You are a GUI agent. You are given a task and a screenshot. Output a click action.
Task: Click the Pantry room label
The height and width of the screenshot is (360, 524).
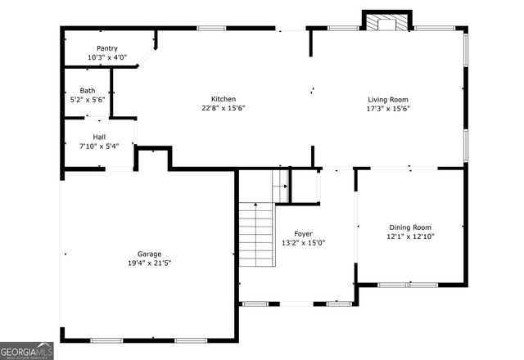(x=107, y=48)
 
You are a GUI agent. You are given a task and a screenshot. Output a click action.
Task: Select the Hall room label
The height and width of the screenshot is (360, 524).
(x=98, y=137)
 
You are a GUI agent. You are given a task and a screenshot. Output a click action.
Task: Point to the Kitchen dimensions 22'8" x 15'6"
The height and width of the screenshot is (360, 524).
(x=224, y=108)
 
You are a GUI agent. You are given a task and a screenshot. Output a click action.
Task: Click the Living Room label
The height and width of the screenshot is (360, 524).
(x=387, y=99)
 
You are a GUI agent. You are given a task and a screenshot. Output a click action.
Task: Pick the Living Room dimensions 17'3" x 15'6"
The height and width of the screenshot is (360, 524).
(x=387, y=108)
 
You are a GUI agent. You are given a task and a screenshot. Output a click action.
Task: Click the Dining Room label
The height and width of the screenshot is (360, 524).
(x=409, y=227)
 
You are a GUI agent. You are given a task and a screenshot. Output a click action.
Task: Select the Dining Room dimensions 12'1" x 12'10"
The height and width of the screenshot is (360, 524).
(x=409, y=236)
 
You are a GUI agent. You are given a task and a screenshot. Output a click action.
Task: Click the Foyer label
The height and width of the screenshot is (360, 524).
(x=304, y=234)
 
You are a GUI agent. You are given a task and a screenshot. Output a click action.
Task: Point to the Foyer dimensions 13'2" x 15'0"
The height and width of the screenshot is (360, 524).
(x=304, y=243)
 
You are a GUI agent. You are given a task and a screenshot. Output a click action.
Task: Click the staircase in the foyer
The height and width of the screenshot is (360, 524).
(x=257, y=233)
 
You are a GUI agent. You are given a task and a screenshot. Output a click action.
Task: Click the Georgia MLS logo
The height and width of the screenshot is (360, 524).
(x=27, y=350)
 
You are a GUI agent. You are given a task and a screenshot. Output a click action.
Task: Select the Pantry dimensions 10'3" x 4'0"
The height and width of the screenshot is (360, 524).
(x=107, y=58)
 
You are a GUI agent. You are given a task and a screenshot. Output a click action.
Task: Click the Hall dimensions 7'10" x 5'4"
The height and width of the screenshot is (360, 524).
(x=98, y=147)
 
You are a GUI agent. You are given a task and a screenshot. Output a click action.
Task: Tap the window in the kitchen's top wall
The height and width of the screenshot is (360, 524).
(x=211, y=29)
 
